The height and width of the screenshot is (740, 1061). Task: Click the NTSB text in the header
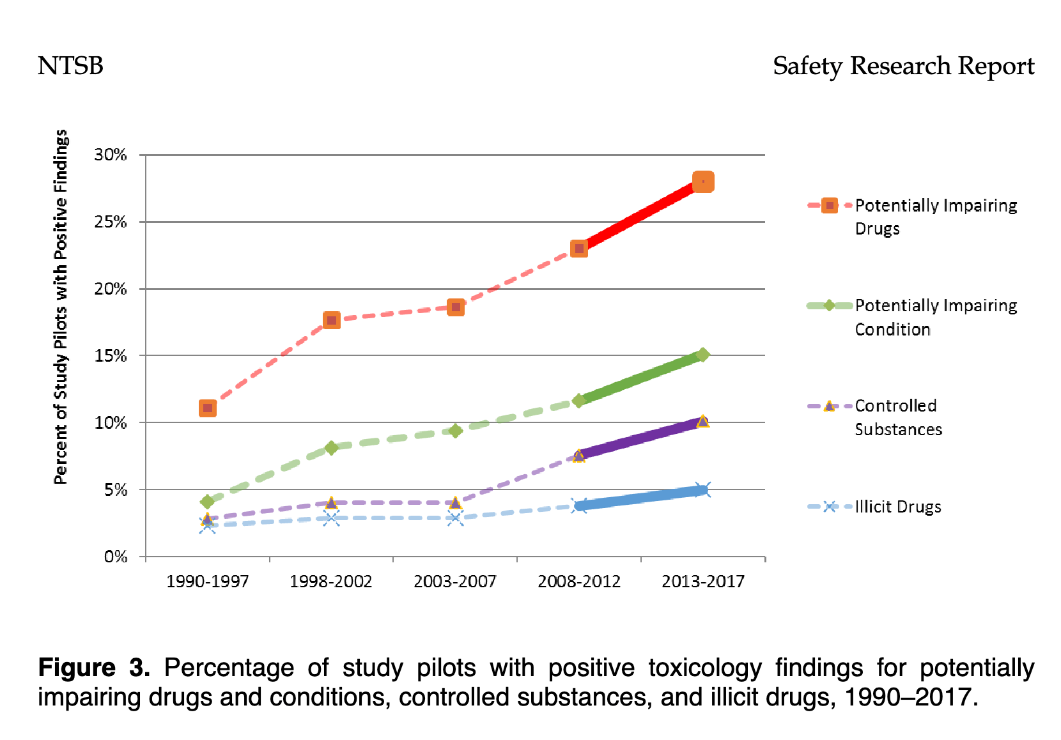tap(70, 66)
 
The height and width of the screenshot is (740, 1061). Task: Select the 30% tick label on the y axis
tap(111, 155)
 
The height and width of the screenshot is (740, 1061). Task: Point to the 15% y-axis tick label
tap(111, 356)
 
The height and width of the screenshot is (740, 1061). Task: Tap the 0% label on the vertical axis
tap(116, 557)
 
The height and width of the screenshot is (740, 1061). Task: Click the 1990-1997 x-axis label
tap(207, 582)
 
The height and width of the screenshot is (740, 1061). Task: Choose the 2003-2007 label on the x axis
tap(454, 582)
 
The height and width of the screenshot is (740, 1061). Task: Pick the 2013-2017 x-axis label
tap(702, 582)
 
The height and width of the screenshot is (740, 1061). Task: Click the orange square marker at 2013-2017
tap(703, 182)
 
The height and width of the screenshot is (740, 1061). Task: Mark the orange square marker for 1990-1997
tap(207, 408)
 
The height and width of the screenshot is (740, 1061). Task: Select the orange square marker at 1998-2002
tap(331, 320)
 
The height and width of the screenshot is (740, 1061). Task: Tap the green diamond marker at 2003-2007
tap(455, 431)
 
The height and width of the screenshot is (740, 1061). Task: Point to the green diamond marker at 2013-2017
tap(702, 355)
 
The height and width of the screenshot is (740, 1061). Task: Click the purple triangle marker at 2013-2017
tap(702, 422)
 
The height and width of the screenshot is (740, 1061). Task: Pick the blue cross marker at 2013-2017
tap(702, 490)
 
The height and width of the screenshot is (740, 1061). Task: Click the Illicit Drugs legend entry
tap(897, 507)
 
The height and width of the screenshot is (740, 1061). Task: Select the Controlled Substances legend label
tap(898, 417)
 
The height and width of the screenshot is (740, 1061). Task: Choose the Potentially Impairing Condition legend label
tap(936, 317)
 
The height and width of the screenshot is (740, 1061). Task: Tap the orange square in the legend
tap(830, 206)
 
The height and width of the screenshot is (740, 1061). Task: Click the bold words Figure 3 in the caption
tap(94, 668)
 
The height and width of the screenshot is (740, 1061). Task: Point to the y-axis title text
tap(61, 307)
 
